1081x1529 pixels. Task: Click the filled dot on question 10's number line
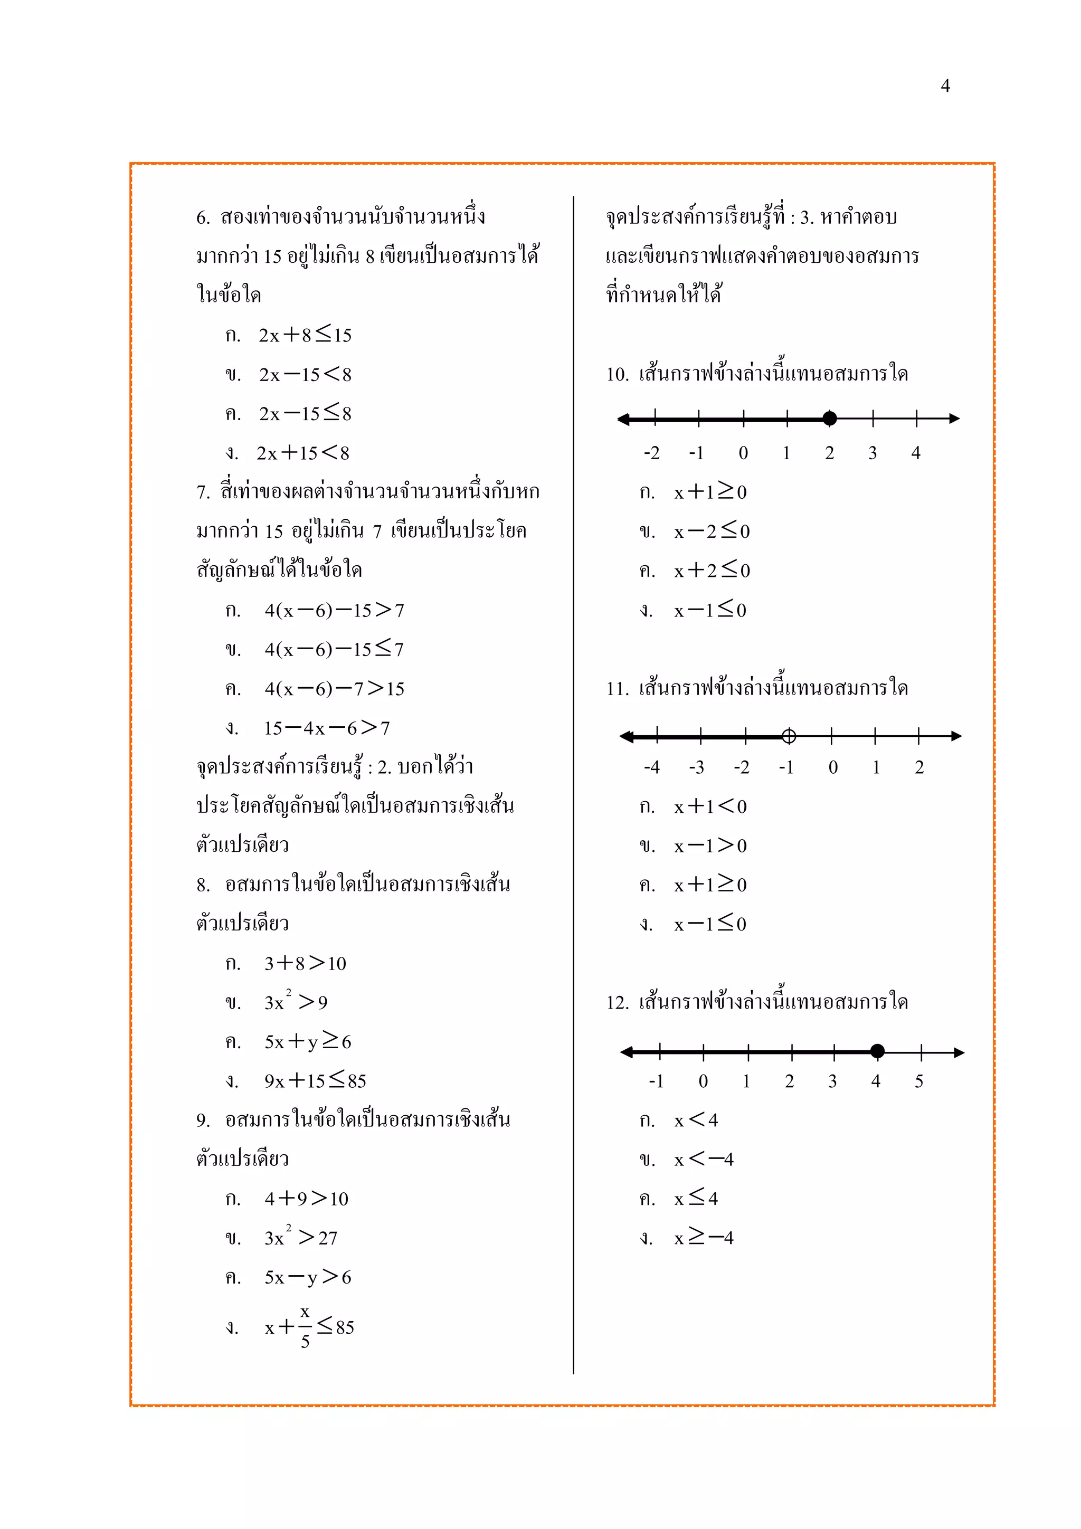click(x=829, y=418)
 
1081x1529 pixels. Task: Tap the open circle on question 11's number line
click(x=789, y=736)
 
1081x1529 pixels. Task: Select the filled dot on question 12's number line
click(x=877, y=1051)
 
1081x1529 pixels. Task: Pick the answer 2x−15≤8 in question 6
click(x=305, y=414)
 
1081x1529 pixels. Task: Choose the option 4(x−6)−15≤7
click(x=334, y=649)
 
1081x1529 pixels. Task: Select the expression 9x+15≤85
click(x=315, y=1081)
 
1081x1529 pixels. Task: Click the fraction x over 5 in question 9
click(x=305, y=1326)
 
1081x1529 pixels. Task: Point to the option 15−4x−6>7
click(x=326, y=728)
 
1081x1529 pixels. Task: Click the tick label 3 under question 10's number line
click(x=873, y=453)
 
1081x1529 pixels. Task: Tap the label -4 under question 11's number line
click(x=651, y=768)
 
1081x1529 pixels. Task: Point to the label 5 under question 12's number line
click(x=918, y=1081)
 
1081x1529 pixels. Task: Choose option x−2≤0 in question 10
click(x=712, y=531)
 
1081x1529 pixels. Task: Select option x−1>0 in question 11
click(x=710, y=846)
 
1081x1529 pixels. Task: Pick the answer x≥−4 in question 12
click(x=704, y=1238)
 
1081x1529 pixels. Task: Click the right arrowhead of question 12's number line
click(x=959, y=1052)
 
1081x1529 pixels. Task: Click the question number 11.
click(x=617, y=689)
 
